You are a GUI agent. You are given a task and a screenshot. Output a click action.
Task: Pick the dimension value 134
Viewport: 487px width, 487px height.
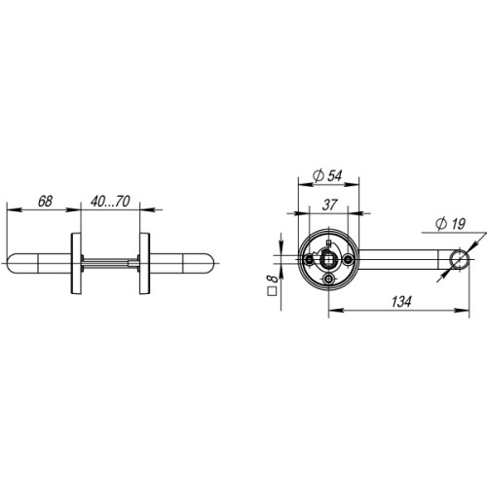pos(395,303)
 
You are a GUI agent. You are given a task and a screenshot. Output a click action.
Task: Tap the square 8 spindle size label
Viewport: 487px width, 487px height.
pos(274,284)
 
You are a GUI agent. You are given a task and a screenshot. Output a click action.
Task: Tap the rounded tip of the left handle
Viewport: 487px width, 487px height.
pos(13,262)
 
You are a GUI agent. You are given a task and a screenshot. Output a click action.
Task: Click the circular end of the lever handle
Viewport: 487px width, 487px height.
pos(457,261)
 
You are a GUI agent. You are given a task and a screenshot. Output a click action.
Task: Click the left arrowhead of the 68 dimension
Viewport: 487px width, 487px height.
pos(10,208)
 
